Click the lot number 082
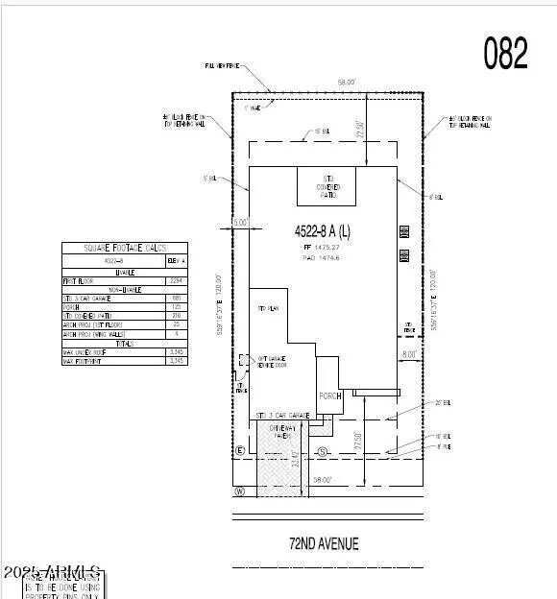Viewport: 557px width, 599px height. (x=505, y=55)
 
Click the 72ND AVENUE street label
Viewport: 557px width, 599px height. (x=324, y=543)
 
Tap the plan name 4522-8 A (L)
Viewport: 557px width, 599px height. (x=323, y=230)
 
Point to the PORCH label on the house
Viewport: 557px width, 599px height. (x=330, y=395)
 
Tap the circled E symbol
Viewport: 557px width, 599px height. (x=240, y=450)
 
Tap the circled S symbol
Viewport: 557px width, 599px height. (x=323, y=450)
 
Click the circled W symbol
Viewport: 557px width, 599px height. (x=239, y=492)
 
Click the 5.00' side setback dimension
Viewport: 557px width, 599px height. (x=240, y=222)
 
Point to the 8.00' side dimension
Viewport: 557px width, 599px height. (x=409, y=354)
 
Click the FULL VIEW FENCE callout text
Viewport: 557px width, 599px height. (x=221, y=65)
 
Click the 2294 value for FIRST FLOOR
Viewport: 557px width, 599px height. (x=176, y=281)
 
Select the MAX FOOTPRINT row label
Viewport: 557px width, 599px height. (x=83, y=361)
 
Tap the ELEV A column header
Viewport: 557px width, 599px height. (x=177, y=260)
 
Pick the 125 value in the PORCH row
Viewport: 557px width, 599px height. (x=176, y=307)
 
